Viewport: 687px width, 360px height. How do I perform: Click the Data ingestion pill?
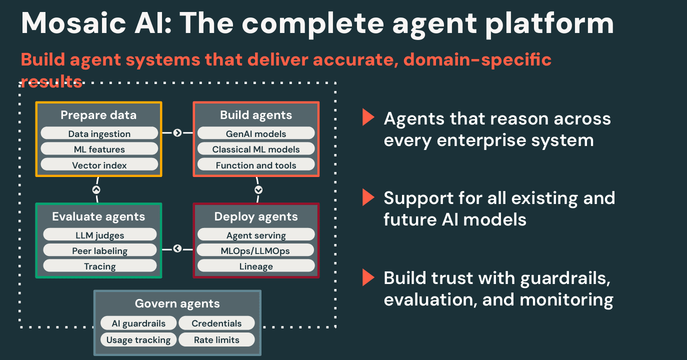(x=99, y=133)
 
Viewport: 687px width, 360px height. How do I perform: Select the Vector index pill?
(x=99, y=165)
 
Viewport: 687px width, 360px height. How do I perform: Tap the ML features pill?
(x=99, y=149)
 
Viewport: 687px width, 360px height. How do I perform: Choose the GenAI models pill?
(x=256, y=133)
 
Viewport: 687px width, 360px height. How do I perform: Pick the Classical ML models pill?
(x=256, y=149)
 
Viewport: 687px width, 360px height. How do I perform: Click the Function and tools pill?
(x=256, y=165)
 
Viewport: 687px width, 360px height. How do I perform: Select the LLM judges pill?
(x=99, y=235)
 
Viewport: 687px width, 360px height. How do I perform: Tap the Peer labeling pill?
(x=99, y=250)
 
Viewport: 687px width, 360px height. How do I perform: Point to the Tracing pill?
(x=99, y=266)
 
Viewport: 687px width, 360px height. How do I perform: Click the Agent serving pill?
(x=256, y=235)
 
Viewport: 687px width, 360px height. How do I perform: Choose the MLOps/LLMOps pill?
(x=256, y=250)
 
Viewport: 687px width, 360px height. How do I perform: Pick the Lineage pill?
(x=256, y=266)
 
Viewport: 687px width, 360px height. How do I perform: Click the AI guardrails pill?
(x=138, y=323)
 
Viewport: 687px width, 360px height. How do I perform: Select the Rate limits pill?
(x=216, y=340)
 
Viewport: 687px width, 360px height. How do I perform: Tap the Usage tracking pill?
(x=138, y=340)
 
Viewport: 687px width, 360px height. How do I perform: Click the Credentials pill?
(x=216, y=323)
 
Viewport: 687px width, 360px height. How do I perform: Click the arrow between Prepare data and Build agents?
(x=177, y=133)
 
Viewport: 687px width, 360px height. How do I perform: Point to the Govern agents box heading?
(x=177, y=303)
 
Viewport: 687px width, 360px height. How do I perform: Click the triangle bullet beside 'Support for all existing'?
(x=368, y=198)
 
